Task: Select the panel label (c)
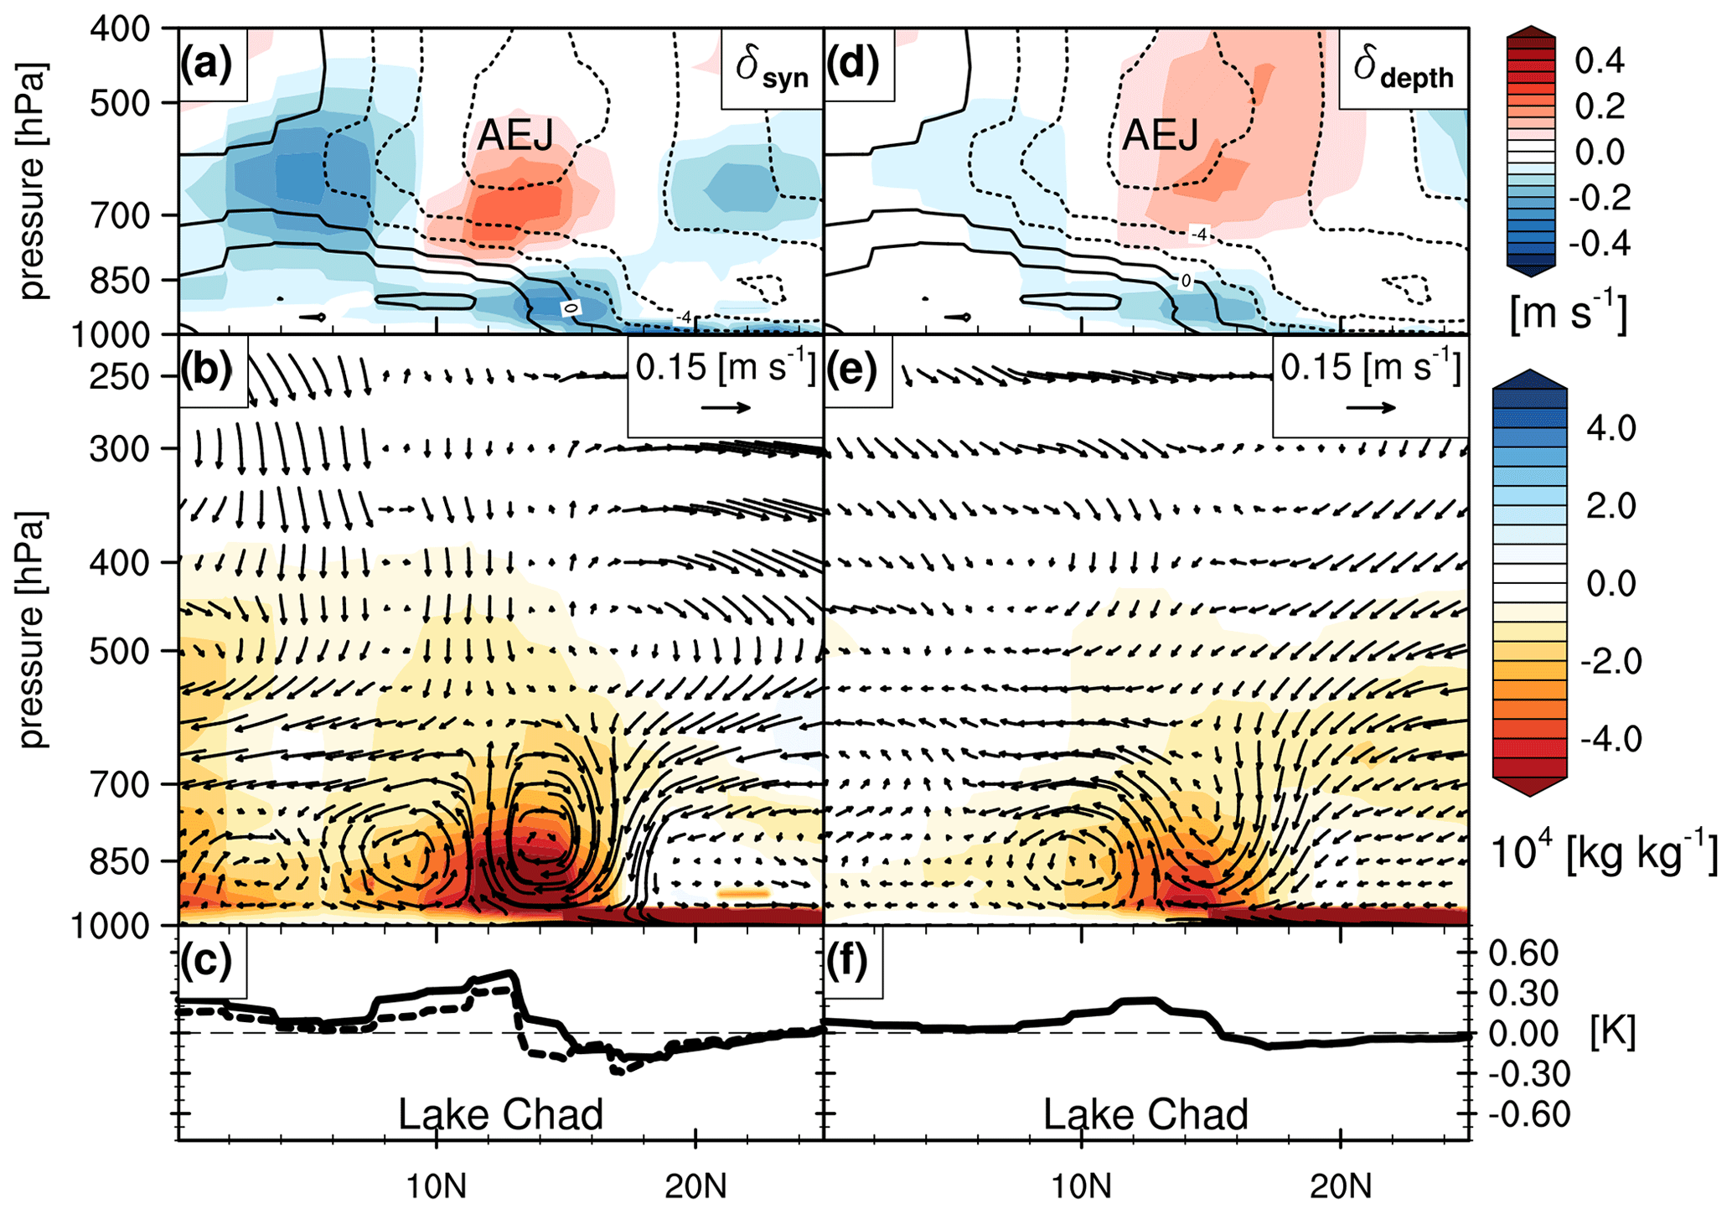(206, 961)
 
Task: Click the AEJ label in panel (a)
(514, 135)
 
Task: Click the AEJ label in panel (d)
(1160, 135)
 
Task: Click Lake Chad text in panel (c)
(500, 1114)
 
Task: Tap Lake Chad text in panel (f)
(1145, 1114)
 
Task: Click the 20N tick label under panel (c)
(696, 1186)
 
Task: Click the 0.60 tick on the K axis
(1523, 953)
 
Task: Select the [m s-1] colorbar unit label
(1568, 315)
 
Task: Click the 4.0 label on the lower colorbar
(1611, 429)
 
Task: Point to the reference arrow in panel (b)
(726, 408)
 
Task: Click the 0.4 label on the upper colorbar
(1600, 61)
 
